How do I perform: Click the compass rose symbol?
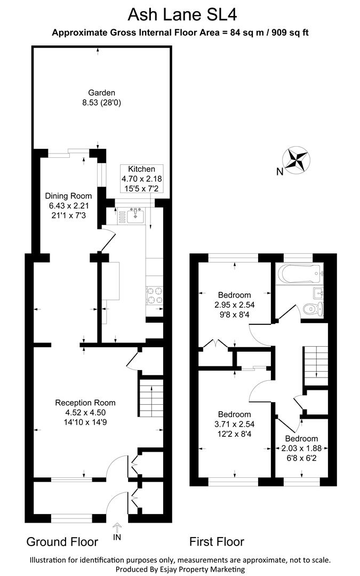(297, 160)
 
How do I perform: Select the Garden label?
(101, 92)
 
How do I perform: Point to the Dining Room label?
(68, 196)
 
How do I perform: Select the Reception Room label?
(86, 403)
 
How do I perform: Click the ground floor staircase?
(150, 399)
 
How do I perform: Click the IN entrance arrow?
(117, 532)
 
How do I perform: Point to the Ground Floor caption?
(62, 542)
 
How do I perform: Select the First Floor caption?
(217, 542)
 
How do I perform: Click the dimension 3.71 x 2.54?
(235, 425)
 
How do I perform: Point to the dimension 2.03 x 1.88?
(301, 449)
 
